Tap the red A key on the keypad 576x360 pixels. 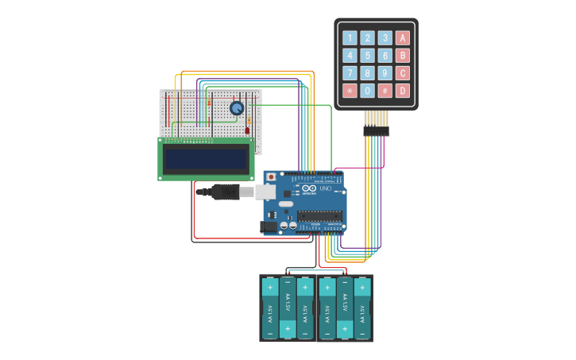click(403, 37)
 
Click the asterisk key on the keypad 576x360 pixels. click(350, 91)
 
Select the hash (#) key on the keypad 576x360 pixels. click(385, 91)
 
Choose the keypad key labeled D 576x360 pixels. click(403, 91)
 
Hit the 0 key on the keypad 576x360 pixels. click(367, 91)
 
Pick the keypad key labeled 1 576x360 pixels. click(350, 37)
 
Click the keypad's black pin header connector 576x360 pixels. click(377, 130)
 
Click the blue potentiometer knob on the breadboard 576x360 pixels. click(237, 108)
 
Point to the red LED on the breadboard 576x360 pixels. click(247, 130)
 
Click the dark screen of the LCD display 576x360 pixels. click(206, 159)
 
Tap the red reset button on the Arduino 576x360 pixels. click(271, 176)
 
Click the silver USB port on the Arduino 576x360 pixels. click(265, 192)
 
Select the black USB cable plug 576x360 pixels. click(226, 192)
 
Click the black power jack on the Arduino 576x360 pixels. click(270, 227)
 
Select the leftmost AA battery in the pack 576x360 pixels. click(269, 308)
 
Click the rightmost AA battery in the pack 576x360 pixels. click(363, 308)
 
